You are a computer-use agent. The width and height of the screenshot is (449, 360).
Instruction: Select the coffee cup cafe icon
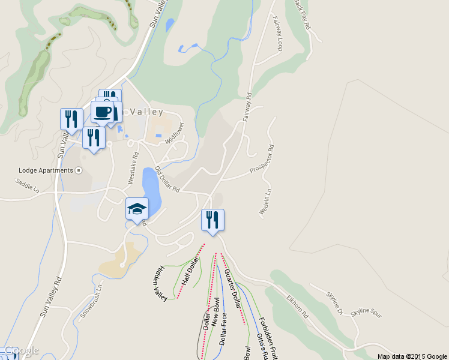[102, 112]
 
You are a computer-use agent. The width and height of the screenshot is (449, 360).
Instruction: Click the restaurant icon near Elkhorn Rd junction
[212, 220]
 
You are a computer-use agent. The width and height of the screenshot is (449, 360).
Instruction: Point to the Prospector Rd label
[261, 160]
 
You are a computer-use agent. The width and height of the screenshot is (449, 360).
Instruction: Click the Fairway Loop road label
[278, 33]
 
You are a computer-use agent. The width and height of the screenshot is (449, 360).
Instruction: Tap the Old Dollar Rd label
[167, 179]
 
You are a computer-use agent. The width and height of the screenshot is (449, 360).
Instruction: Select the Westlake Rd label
[133, 167]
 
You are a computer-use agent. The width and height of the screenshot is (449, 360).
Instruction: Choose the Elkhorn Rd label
[297, 305]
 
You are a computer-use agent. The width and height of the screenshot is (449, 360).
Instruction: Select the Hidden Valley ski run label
[160, 284]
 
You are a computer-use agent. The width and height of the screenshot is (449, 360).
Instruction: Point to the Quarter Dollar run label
[232, 289]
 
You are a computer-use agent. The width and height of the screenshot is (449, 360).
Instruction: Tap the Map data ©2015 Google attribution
[412, 356]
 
